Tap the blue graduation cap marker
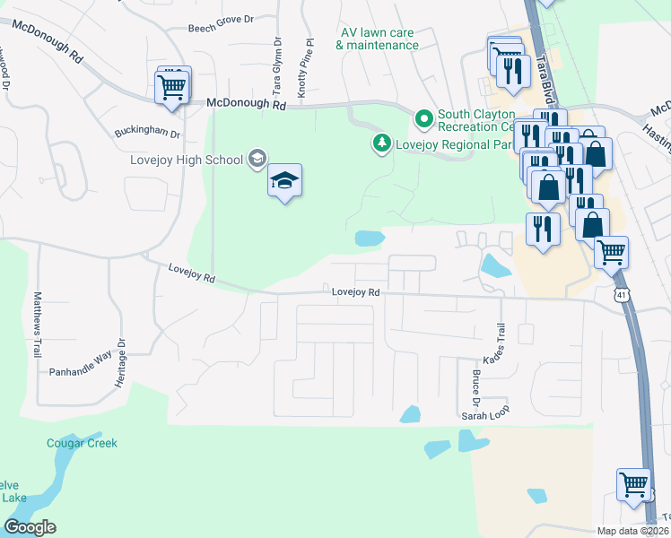285,181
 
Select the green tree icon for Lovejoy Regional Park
382,143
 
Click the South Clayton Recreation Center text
475,115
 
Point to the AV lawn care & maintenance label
378,39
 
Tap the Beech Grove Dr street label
222,29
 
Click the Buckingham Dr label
148,134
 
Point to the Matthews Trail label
38,323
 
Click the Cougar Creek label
82,443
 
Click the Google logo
30,526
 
